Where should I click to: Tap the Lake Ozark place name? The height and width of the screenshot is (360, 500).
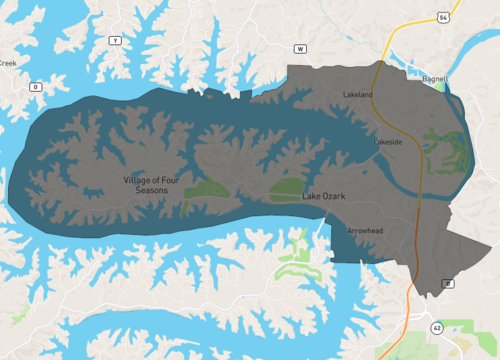pos(323,197)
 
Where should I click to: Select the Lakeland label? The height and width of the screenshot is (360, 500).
pos(357,95)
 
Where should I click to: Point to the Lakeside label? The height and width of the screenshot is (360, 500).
pos(388,143)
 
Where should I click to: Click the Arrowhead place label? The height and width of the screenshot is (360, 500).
pos(364,231)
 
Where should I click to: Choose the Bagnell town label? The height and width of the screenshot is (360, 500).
pos(434,77)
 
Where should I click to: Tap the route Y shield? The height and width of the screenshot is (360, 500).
pos(115,40)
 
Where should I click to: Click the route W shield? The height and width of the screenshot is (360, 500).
pos(299,47)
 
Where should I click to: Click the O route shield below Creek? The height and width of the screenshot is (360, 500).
pos(35,87)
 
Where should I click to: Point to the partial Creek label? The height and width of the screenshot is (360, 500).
pos(8,63)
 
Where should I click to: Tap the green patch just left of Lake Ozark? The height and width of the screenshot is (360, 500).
pos(286,187)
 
